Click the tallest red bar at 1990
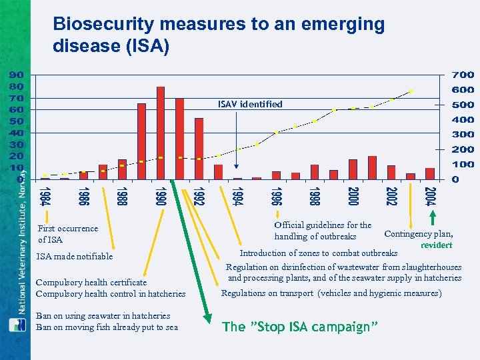[161, 133]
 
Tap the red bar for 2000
[353, 169]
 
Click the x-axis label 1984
[44, 197]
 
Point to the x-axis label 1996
[276, 197]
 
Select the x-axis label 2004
[431, 197]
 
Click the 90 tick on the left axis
[17, 75]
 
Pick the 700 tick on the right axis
[463, 75]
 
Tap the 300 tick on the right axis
[463, 135]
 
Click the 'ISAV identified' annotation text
[250, 104]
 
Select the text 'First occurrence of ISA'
[67, 234]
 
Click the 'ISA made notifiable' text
[75, 257]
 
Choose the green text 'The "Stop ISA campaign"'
[301, 326]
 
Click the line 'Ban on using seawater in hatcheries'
[103, 316]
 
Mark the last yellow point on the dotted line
[411, 91]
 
